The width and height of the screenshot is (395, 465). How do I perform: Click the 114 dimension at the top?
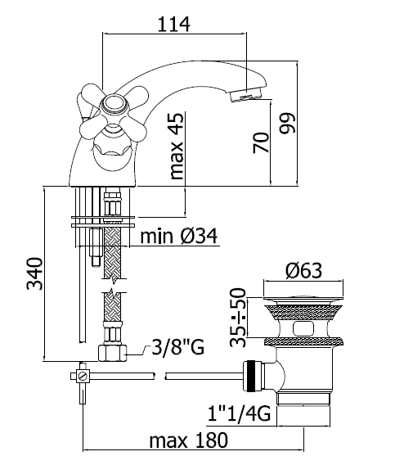173,25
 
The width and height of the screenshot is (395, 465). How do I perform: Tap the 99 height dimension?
287,123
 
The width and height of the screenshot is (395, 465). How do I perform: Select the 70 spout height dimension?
262,143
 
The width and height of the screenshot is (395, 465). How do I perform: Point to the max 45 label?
177,147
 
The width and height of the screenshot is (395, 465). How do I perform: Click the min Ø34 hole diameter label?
178,236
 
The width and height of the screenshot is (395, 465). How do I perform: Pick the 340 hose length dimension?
35,273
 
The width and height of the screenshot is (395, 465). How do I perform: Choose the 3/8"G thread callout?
177,347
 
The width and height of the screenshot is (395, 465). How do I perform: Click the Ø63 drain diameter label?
304,270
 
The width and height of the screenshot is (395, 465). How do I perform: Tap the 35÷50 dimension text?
238,318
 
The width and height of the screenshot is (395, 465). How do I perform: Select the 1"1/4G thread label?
239,413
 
